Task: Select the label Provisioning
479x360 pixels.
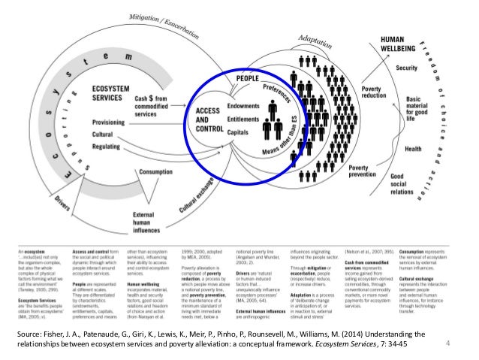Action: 113,123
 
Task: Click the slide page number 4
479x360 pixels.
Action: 447,345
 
